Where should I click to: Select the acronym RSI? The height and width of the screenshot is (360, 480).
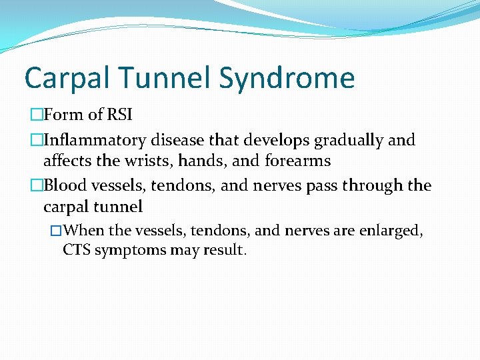point(119,115)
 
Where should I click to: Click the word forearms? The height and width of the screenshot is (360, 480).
point(297,161)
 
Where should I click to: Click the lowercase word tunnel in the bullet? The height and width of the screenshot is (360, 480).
point(117,206)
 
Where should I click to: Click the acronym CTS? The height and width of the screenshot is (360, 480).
point(77,251)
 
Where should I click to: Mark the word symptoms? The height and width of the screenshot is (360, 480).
point(130,251)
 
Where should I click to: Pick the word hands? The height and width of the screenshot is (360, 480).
point(199,161)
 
